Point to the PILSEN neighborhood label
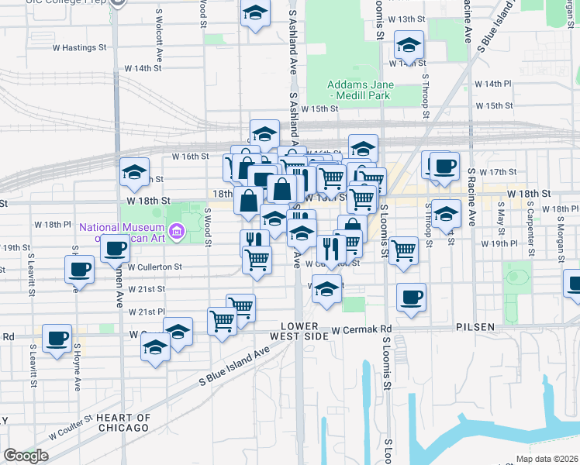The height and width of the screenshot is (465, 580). tap(475, 327)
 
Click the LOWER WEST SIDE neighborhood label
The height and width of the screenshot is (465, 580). tap(300, 331)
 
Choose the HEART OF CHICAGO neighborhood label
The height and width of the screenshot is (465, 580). tap(123, 422)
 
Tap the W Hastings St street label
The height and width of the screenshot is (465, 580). tap(78, 47)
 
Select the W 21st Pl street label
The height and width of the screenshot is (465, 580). tap(147, 312)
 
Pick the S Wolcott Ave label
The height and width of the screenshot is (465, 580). tap(158, 28)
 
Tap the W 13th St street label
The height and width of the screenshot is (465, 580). tap(407, 18)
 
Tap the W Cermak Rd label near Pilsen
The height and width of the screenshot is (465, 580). tap(361, 330)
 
